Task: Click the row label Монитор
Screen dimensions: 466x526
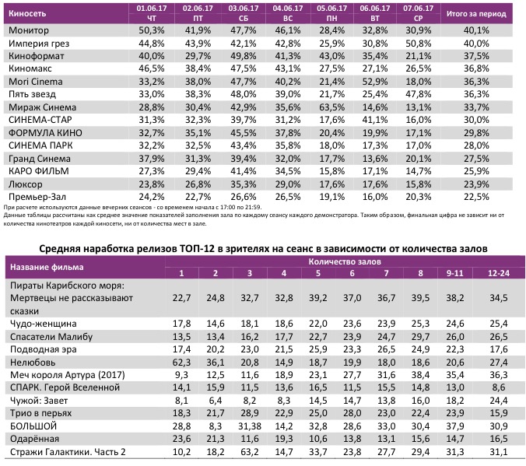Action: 29,30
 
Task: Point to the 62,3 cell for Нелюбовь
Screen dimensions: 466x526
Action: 181,362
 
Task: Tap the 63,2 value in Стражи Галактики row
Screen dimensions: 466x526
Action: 247,451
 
